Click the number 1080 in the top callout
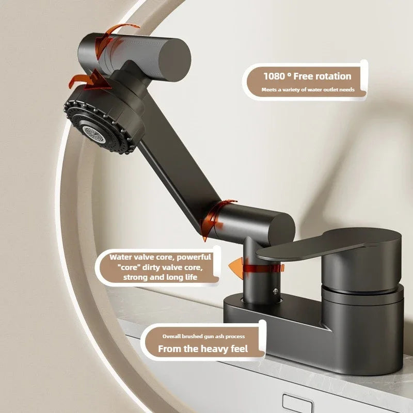(x=275, y=76)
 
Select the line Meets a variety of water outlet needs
(x=308, y=89)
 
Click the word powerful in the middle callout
(x=194, y=257)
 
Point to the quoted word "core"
(x=129, y=267)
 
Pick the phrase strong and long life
(x=160, y=277)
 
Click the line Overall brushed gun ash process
(x=203, y=337)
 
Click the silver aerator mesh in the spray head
(x=94, y=134)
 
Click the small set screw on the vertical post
(x=276, y=291)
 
